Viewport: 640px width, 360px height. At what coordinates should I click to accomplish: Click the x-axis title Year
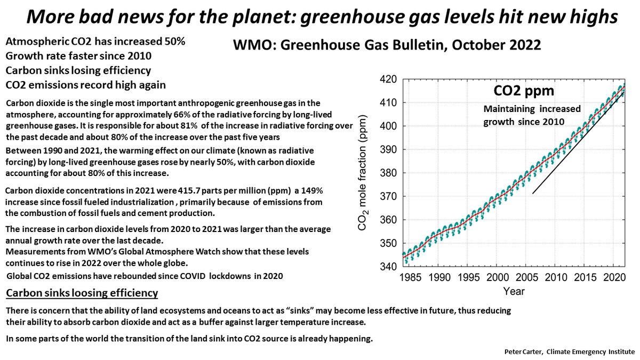(x=514, y=291)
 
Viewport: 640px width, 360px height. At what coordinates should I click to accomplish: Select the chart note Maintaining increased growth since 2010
(x=524, y=115)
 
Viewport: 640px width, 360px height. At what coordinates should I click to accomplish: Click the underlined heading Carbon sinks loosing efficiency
(x=82, y=293)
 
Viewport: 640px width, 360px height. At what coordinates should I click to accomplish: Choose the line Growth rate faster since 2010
(x=78, y=55)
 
